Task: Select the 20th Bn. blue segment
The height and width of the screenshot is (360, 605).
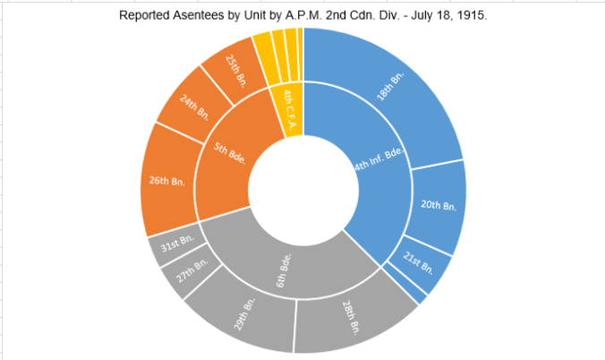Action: tap(438, 206)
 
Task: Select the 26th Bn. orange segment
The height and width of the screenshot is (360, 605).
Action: tap(167, 184)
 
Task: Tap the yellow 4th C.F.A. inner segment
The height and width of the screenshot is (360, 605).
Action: tap(290, 106)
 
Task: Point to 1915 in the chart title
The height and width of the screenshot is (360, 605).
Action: tap(470, 15)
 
